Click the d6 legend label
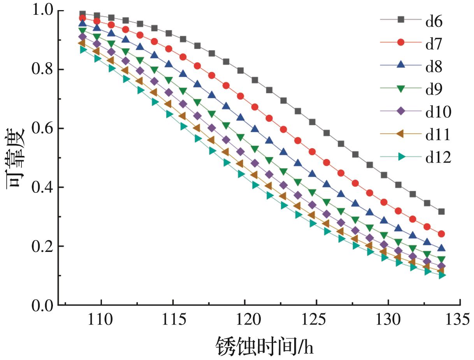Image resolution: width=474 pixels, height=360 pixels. (434, 22)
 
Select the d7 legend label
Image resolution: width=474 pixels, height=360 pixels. (434, 44)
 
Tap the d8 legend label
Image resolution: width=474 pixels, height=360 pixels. (434, 67)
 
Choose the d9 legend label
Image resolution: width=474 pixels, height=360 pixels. (434, 89)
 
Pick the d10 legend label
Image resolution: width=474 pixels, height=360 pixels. (438, 112)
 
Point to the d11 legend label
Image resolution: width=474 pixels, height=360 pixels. (438, 135)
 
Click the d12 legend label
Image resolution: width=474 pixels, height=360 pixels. (438, 157)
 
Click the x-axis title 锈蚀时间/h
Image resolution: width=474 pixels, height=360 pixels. (265, 346)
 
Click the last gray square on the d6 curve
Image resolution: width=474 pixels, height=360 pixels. (441, 212)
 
